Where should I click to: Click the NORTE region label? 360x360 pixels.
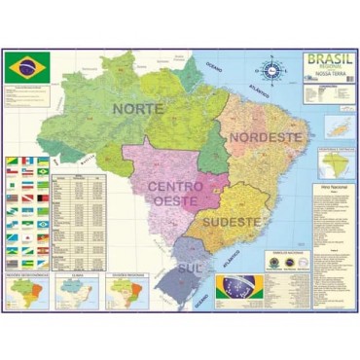click(x=138, y=109)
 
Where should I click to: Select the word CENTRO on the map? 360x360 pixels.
click(x=175, y=184)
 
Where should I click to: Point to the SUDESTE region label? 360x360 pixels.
click(x=232, y=223)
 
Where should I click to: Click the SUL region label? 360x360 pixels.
click(x=189, y=265)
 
